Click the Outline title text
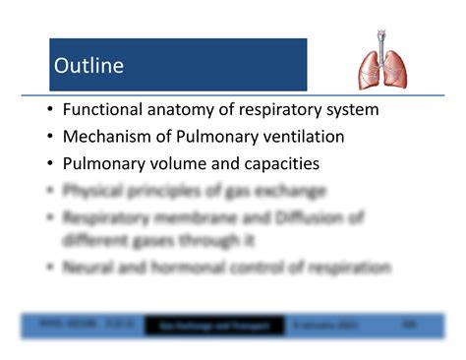pyautogui.click(x=88, y=66)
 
